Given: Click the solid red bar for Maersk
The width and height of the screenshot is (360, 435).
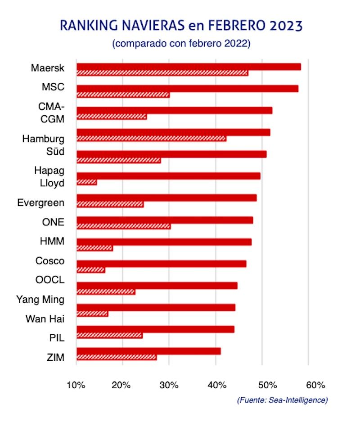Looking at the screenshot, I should tap(189, 67).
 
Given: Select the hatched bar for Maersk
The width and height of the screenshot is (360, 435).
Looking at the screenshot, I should tap(162, 73).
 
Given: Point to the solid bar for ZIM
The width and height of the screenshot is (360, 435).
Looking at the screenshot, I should tap(148, 351).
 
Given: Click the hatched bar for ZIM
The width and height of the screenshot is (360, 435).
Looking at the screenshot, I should tap(117, 357).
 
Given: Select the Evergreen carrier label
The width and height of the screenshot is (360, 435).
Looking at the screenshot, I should tap(40, 202).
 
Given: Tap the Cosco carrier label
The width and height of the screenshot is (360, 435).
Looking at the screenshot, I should tap(49, 261).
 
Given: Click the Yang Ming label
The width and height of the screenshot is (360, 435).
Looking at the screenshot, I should tap(40, 299).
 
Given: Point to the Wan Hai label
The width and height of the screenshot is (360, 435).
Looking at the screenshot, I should tap(45, 319).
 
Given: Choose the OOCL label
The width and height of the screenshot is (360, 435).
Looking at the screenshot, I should tap(49, 280).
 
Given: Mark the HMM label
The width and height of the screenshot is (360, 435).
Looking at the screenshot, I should tap(52, 242).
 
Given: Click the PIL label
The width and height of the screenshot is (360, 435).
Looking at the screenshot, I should tap(56, 338).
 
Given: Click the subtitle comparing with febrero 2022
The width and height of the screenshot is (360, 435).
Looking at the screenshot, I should tap(181, 44).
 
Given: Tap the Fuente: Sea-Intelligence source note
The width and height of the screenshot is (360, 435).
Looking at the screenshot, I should tap(282, 400).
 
